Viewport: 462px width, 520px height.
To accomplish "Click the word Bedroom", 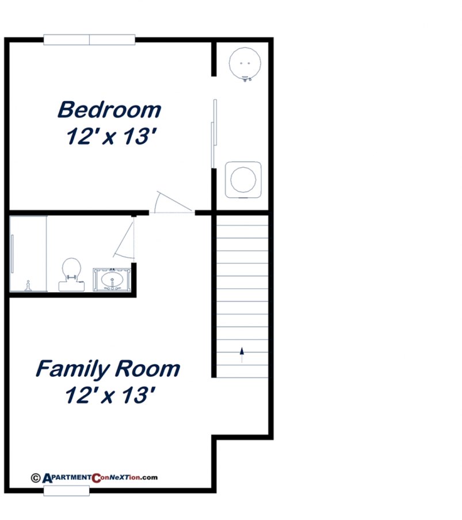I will tap(109, 109).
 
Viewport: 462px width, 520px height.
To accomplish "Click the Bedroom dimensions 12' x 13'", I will tap(112, 137).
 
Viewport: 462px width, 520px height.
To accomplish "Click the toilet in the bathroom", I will tap(70, 273).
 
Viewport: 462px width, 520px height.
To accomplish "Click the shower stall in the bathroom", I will tap(28, 254).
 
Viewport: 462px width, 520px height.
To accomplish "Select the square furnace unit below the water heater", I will tap(243, 179).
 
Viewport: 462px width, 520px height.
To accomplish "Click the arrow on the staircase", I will tap(242, 353).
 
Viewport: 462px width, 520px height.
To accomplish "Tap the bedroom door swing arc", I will tap(170, 202).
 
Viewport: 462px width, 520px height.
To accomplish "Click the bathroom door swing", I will tap(125, 239).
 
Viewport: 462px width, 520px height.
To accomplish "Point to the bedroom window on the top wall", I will tap(89, 40).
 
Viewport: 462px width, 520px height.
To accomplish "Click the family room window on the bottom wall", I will tap(67, 491).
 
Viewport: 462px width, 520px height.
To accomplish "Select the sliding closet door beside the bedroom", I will tap(214, 132).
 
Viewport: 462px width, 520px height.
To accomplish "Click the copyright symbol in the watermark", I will tap(36, 477).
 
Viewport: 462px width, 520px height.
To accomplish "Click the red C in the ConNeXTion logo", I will tap(96, 477).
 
